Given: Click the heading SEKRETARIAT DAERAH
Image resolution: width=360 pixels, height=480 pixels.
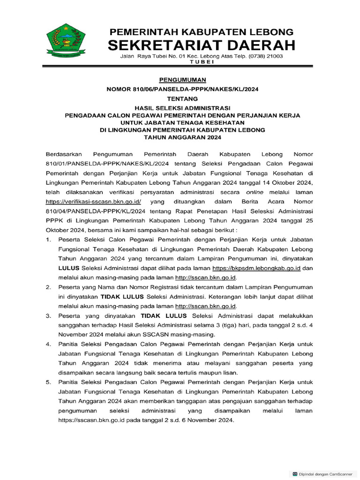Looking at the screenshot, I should point(202,45).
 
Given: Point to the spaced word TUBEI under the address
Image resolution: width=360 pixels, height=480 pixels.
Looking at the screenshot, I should point(202,62).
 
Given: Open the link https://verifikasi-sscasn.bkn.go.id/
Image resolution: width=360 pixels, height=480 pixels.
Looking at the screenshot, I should point(93,202).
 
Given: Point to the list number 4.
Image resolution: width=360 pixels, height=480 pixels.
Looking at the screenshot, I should point(48,345).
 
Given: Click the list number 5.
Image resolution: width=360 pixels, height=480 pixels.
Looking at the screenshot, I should point(48,383).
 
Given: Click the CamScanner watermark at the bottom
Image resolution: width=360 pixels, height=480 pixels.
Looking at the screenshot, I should point(323,474).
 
